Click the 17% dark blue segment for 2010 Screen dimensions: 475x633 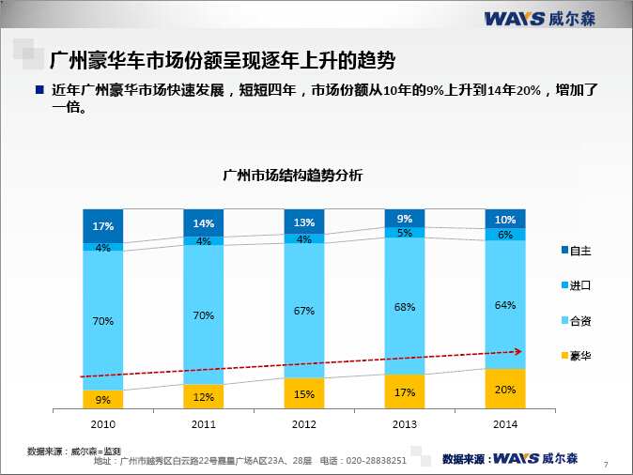103,226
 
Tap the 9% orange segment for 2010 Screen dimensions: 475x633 103,400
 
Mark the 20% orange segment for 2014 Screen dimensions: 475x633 505,390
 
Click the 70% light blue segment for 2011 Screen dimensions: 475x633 204,315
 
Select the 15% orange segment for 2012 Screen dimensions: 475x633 304,394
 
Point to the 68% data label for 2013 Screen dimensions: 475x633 405,307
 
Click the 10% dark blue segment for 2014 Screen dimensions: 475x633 505,219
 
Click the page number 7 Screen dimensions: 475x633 606,464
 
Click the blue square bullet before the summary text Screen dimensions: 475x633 39,90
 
